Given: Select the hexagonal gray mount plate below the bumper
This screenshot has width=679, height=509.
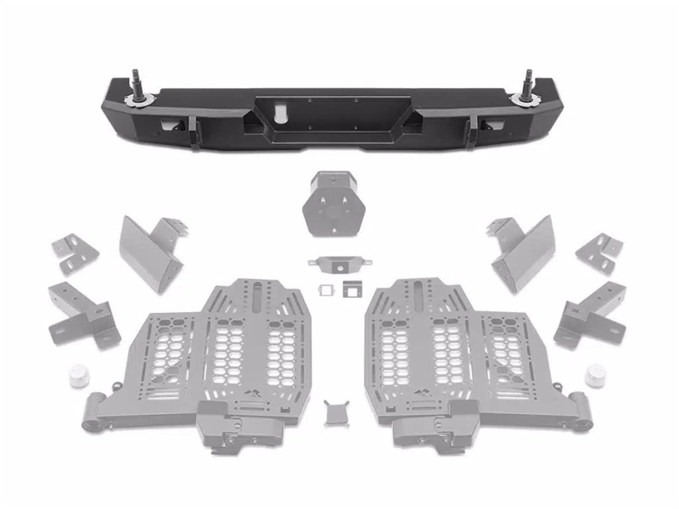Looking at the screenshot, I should point(334,206).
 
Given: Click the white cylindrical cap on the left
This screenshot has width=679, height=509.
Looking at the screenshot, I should point(80,373).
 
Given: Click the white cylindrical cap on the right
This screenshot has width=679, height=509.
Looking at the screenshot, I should point(596,374).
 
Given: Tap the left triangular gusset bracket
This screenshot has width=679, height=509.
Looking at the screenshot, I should point(153,251).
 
